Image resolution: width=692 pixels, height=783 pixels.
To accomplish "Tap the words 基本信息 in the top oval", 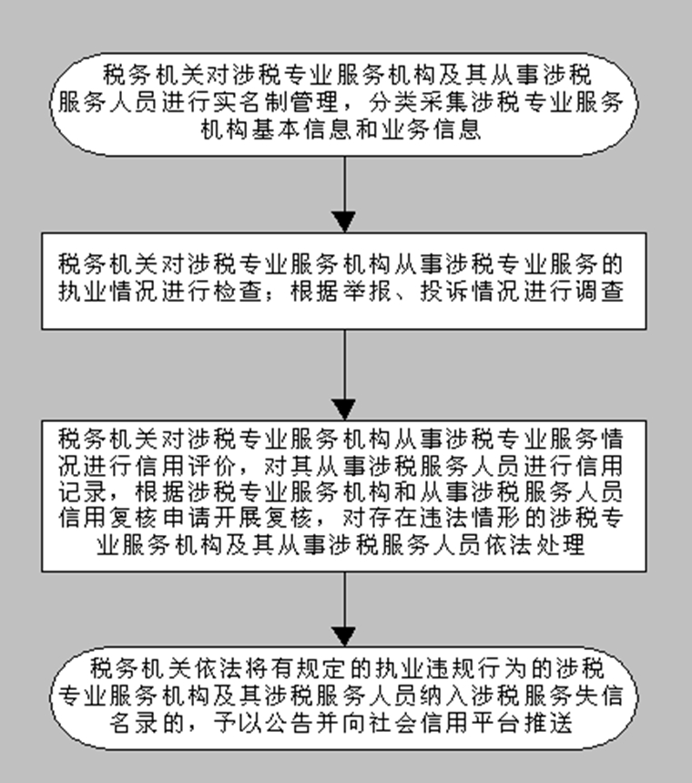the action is pyautogui.click(x=303, y=129).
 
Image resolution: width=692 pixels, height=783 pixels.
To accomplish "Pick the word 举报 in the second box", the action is pyautogui.click(x=367, y=292).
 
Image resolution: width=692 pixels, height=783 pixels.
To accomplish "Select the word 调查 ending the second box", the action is pyautogui.click(x=599, y=292).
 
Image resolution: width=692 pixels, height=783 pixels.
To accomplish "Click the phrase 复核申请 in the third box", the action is pyautogui.click(x=160, y=518).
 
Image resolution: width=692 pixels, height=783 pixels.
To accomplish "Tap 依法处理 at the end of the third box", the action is pyautogui.click(x=534, y=544).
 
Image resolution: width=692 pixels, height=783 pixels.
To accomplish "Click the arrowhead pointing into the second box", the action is pyautogui.click(x=344, y=222).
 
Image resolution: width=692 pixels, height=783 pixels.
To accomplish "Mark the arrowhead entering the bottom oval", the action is pyautogui.click(x=344, y=637).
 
